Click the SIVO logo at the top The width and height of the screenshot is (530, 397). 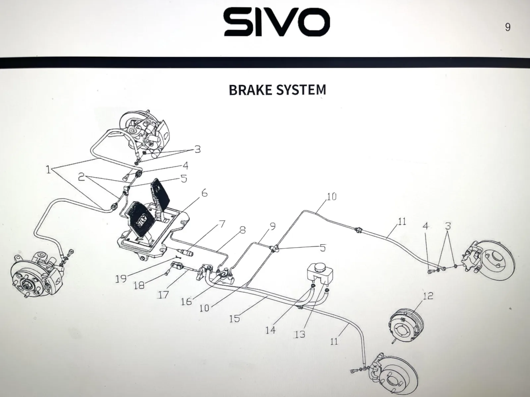click(x=277, y=22)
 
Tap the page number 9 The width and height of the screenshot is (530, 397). click(x=507, y=27)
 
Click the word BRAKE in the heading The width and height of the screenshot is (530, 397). click(x=251, y=90)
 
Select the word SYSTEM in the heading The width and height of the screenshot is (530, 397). click(x=301, y=90)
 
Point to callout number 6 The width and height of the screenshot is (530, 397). click(x=204, y=193)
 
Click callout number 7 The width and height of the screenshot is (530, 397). click(x=222, y=224)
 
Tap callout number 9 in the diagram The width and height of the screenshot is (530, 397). click(x=272, y=226)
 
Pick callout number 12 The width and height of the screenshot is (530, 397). click(x=428, y=296)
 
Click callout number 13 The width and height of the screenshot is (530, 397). click(x=300, y=334)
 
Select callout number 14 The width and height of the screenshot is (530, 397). click(x=270, y=330)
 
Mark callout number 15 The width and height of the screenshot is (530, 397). click(x=235, y=319)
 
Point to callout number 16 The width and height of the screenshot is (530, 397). click(x=186, y=301)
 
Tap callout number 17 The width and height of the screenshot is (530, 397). click(x=163, y=294)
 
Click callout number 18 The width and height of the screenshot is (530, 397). click(x=139, y=286)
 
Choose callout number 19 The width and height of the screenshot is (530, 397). click(x=121, y=279)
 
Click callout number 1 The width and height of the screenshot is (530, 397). click(x=49, y=170)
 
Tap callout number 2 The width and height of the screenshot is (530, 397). click(x=81, y=177)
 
